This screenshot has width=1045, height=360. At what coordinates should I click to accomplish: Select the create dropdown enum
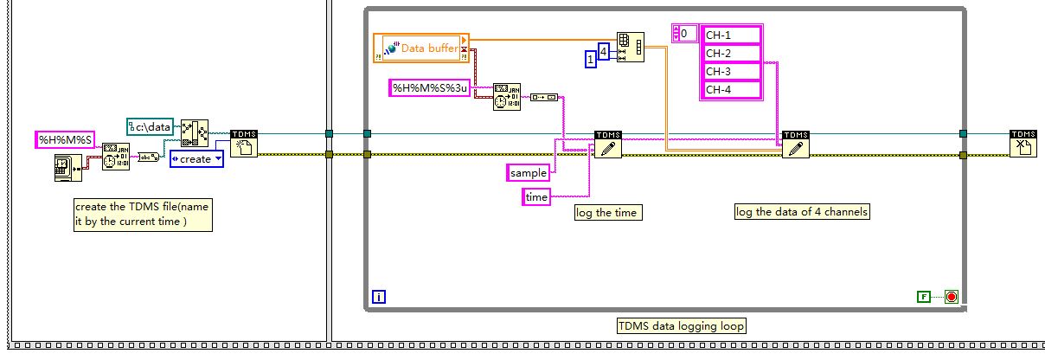[196, 158]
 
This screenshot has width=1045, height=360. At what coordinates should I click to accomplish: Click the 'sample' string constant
[528, 173]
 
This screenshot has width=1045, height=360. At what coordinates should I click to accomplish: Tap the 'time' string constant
[536, 197]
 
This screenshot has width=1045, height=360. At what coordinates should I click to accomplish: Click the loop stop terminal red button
[951, 297]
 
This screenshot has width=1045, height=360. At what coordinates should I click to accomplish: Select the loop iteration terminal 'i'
[379, 298]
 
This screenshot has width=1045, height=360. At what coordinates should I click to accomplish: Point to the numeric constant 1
[590, 59]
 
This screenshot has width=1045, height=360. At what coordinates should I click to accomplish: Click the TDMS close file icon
[1023, 144]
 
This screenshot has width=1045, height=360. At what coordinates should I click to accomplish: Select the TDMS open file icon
[244, 144]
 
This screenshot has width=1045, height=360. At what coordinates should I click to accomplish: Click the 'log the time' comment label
[609, 212]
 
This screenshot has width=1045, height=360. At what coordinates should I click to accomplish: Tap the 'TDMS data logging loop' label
[681, 326]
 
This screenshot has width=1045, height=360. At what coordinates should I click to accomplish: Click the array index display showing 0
[688, 34]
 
